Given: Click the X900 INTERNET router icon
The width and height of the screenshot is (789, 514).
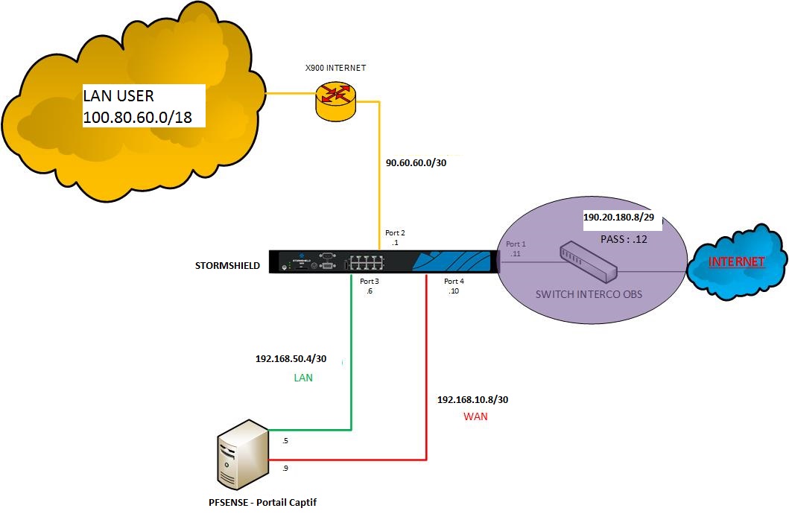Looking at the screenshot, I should pyautogui.click(x=337, y=99).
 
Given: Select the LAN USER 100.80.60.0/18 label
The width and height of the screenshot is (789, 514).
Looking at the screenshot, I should pyautogui.click(x=142, y=106).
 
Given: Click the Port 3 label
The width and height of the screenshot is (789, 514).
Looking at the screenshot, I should pyautogui.click(x=370, y=281).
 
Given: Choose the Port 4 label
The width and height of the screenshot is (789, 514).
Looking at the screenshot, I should pyautogui.click(x=454, y=281).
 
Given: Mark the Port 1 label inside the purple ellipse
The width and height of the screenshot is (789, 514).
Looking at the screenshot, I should pyautogui.click(x=516, y=244).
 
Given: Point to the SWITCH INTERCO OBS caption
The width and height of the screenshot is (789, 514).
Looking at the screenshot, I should pyautogui.click(x=589, y=294).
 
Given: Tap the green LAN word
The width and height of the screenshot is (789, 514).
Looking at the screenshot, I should pyautogui.click(x=302, y=378).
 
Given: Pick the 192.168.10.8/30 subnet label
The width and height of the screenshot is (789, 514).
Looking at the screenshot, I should pyautogui.click(x=472, y=400).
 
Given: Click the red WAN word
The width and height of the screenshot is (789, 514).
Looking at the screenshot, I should pyautogui.click(x=475, y=416).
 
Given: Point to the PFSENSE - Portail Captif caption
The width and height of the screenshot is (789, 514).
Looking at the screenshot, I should pyautogui.click(x=263, y=503).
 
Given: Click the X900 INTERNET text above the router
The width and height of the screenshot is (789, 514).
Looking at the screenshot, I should pyautogui.click(x=336, y=68).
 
